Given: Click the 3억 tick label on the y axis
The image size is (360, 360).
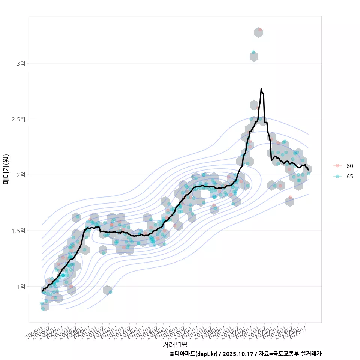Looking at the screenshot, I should [21, 63].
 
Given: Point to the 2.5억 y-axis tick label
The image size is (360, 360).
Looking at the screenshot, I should [19, 119].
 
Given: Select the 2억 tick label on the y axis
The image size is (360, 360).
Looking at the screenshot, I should [21, 175].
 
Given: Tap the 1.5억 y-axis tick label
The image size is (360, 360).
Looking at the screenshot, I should [19, 231].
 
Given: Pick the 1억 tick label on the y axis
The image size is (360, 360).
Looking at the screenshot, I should [21, 286].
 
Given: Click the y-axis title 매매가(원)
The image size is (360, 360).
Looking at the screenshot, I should [6, 169].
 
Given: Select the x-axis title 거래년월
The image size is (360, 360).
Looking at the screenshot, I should [175, 344].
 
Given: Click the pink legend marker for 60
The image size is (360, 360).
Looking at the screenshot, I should [337, 166].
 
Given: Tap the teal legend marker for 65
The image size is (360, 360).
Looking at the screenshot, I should [337, 177].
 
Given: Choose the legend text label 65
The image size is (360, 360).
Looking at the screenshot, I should [349, 177].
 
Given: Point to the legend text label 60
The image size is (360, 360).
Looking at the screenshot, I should [349, 166].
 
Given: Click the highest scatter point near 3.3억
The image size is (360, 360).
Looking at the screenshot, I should [260, 30].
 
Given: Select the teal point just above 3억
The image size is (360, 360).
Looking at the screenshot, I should [253, 52].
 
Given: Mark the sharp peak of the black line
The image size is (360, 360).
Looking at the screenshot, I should [261, 88].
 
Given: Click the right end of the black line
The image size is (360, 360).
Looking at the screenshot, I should [308, 170].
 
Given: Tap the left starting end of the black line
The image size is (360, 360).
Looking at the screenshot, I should [42, 291].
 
